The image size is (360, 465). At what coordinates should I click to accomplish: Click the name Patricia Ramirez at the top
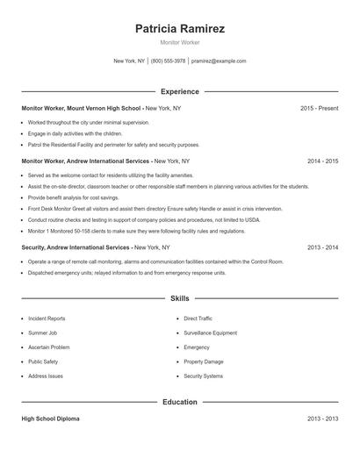pyautogui.click(x=180, y=29)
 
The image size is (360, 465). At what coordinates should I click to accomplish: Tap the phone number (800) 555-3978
pyautogui.click(x=168, y=61)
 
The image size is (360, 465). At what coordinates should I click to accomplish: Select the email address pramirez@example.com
pyautogui.click(x=219, y=61)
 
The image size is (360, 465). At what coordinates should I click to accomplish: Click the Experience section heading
pyautogui.click(x=180, y=91)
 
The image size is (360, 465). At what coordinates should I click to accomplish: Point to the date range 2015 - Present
pyautogui.click(x=320, y=108)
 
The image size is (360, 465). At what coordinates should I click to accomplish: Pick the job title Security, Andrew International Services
pyautogui.click(x=76, y=248)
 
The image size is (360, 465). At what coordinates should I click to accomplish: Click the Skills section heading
pyautogui.click(x=180, y=299)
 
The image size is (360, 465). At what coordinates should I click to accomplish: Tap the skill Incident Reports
pyautogui.click(x=47, y=318)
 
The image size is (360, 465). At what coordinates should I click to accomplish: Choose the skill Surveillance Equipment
pyautogui.click(x=211, y=333)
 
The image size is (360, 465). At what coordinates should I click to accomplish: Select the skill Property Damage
pyautogui.click(x=204, y=361)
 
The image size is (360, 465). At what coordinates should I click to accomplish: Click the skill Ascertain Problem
pyautogui.click(x=49, y=347)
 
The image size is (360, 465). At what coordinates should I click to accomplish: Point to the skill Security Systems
pyautogui.click(x=204, y=376)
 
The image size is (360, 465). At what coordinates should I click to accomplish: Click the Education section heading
pyautogui.click(x=180, y=402)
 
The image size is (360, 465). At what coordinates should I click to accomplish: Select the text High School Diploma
pyautogui.click(x=50, y=419)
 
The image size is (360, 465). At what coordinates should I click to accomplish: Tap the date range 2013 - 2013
pyautogui.click(x=323, y=419)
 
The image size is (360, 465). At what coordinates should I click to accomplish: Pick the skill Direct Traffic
pyautogui.click(x=198, y=318)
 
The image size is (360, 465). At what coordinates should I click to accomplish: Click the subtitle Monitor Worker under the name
pyautogui.click(x=180, y=43)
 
